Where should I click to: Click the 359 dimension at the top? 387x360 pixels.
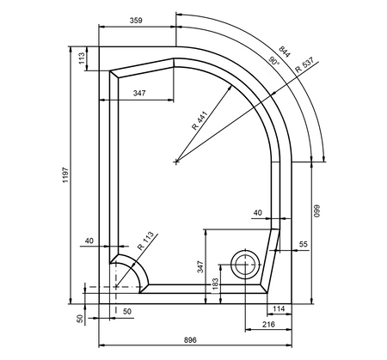[136, 21]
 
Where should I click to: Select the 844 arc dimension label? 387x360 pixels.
[285, 52]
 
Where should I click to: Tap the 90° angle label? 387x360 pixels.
[273, 61]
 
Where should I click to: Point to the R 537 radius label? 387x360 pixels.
[304, 65]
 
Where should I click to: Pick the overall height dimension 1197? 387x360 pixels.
[65, 175]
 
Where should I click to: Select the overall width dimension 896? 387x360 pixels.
[190, 340]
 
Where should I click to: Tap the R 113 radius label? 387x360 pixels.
[145, 241]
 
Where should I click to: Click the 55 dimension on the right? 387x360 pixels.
[303, 244]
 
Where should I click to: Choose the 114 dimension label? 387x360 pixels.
[279, 308]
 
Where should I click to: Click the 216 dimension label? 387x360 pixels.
[268, 324]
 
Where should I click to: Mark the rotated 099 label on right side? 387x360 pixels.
[316, 211]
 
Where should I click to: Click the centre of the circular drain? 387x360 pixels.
[245, 265]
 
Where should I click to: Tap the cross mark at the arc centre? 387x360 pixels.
[176, 162]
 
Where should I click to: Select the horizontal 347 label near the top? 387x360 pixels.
[139, 93]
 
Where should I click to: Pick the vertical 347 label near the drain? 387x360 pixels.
[200, 266]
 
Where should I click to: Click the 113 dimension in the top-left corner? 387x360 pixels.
[82, 58]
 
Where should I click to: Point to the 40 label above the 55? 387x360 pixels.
[258, 213]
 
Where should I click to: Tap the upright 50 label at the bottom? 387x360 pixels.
[127, 312]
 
